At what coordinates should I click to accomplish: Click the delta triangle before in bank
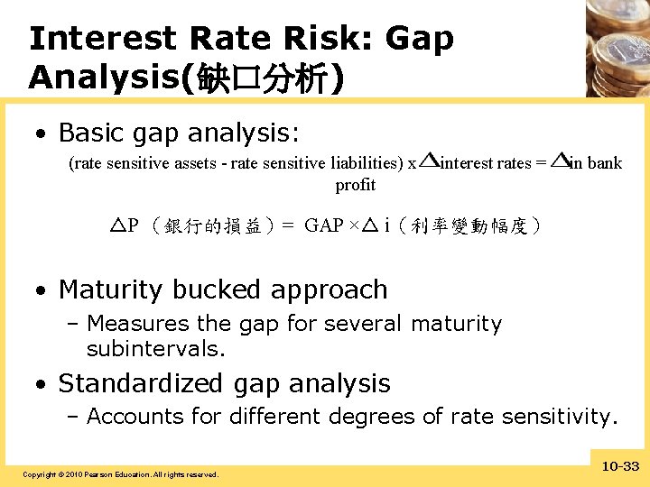560,161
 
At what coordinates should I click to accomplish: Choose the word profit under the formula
355,185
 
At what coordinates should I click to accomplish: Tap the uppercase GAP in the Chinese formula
322,225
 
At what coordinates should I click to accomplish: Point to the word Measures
137,324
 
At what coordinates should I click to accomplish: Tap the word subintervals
155,348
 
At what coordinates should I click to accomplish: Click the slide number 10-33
618,466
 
